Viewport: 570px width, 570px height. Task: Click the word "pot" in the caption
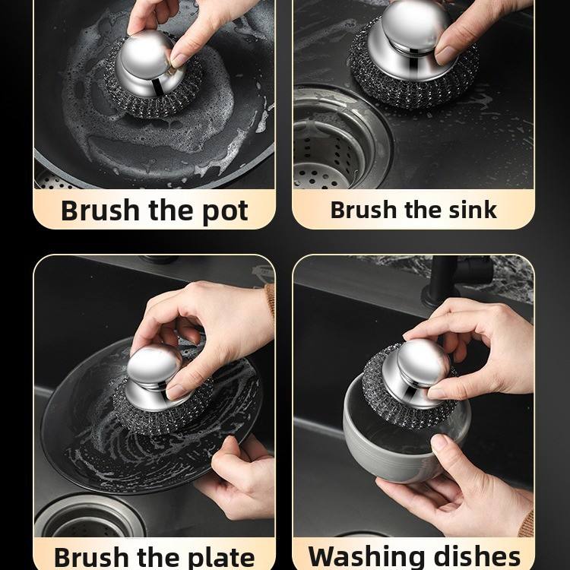point(225,211)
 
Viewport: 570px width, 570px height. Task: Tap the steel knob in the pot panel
point(148,65)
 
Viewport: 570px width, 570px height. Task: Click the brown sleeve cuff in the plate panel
point(269,301)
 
